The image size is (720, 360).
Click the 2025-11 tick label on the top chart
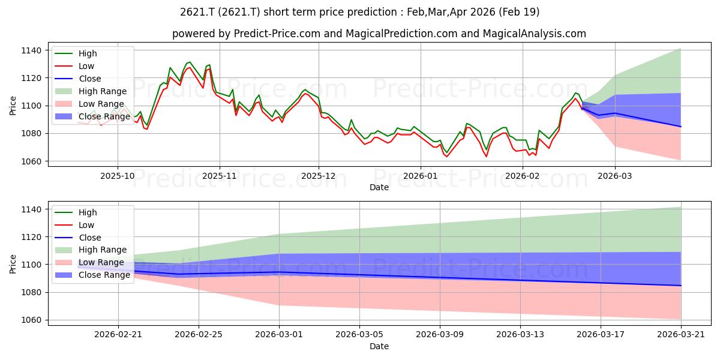[220, 176]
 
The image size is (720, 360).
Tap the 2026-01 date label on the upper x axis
[421, 176]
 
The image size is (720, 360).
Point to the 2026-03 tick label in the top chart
[614, 176]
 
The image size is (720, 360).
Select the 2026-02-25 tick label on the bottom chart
[199, 335]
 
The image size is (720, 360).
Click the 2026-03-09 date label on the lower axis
[440, 335]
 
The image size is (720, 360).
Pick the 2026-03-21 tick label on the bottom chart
[681, 335]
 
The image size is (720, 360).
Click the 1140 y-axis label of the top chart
[31, 50]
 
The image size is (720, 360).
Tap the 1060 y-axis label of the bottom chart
[31, 320]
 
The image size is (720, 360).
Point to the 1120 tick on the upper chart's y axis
[31, 78]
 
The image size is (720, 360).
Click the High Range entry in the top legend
[91, 91]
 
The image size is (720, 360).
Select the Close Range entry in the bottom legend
[92, 275]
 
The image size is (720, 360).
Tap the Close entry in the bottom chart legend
[78, 238]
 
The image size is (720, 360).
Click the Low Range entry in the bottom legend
[89, 263]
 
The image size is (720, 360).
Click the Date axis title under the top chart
[379, 187]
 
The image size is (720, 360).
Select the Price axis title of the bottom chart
[13, 264]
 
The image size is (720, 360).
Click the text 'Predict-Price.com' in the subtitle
[277, 34]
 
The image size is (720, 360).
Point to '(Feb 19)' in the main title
[519, 12]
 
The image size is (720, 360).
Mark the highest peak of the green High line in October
[190, 62]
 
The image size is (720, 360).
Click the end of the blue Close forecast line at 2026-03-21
[681, 286]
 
